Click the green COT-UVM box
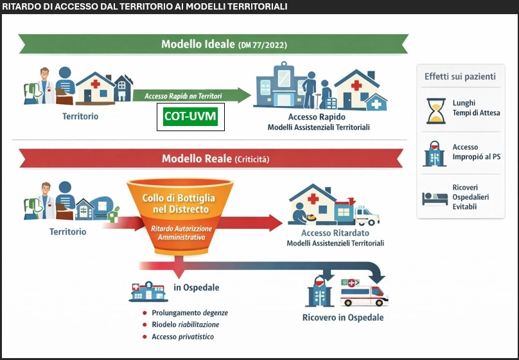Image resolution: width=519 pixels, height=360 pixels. coord(191,116)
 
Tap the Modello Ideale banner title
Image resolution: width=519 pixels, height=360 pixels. coord(224,44)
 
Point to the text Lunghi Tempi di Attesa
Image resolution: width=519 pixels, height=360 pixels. coord(474,108)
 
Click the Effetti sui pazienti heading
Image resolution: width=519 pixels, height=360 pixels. coord(460,76)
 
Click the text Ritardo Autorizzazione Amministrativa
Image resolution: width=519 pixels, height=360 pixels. coord(179,233)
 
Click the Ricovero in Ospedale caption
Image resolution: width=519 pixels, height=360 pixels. coord(343,318)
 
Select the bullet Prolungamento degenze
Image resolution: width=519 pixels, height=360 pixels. coord(189,313)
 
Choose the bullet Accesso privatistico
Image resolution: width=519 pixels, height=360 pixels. coord(182,337)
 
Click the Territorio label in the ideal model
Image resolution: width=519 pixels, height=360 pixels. coord(81,117)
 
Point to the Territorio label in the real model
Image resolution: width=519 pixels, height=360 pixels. coord(68,231)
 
